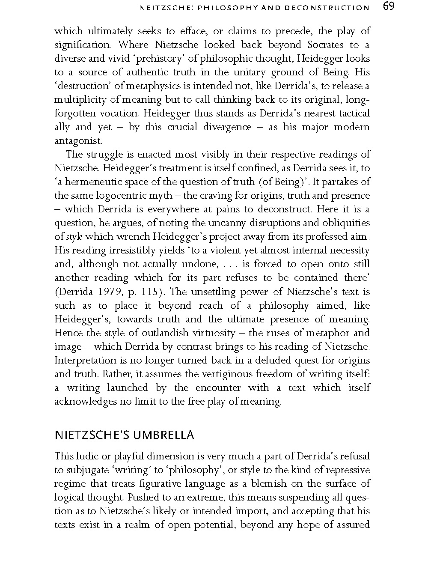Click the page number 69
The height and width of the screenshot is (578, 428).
pos(389,7)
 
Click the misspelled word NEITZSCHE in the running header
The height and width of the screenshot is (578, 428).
pos(163,8)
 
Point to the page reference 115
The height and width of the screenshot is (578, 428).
pos(152,292)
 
